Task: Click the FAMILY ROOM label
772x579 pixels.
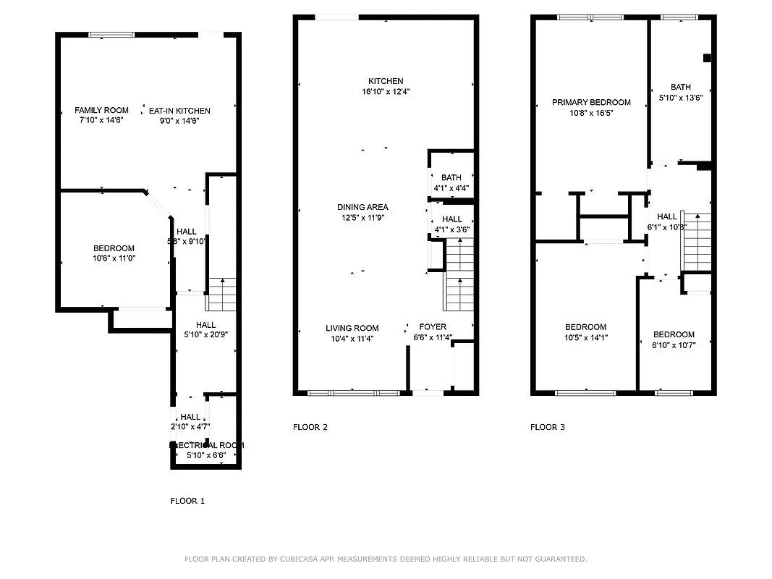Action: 101,111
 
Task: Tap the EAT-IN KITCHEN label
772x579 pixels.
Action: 179,111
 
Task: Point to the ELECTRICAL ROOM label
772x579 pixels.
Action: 207,445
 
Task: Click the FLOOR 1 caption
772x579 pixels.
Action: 187,501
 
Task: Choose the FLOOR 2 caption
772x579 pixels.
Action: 310,427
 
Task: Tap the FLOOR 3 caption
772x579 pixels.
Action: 548,427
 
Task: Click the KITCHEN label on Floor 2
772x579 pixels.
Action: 386,81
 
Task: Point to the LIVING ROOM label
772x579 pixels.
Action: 352,328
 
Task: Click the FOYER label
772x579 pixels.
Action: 433,327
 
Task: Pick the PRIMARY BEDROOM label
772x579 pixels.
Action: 591,103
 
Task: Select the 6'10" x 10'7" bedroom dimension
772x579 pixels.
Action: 674,345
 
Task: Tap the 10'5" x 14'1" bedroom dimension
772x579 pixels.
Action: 585,337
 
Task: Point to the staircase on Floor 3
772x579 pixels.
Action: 697,242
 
